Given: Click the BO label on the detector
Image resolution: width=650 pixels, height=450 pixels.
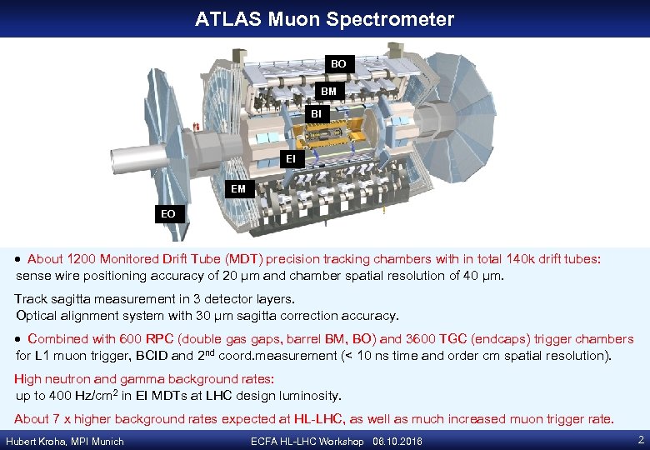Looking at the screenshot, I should click(338, 63).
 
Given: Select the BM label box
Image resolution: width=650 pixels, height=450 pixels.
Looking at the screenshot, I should click(330, 91).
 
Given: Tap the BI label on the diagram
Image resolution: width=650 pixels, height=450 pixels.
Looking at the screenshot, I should click(316, 112).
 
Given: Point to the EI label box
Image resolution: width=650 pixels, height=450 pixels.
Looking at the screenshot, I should click(290, 157).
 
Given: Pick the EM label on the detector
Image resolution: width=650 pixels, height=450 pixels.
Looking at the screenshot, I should click(238, 189).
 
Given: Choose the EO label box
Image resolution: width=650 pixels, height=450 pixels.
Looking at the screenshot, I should click(168, 214).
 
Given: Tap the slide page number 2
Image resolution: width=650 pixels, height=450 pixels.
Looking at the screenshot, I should click(640, 440).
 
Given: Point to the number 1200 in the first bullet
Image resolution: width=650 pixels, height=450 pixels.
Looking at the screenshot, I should click(82, 259).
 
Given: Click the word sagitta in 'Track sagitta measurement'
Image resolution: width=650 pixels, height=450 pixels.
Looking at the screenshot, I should click(72, 298).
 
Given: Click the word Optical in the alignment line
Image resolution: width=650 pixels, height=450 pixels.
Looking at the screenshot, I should click(37, 316).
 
